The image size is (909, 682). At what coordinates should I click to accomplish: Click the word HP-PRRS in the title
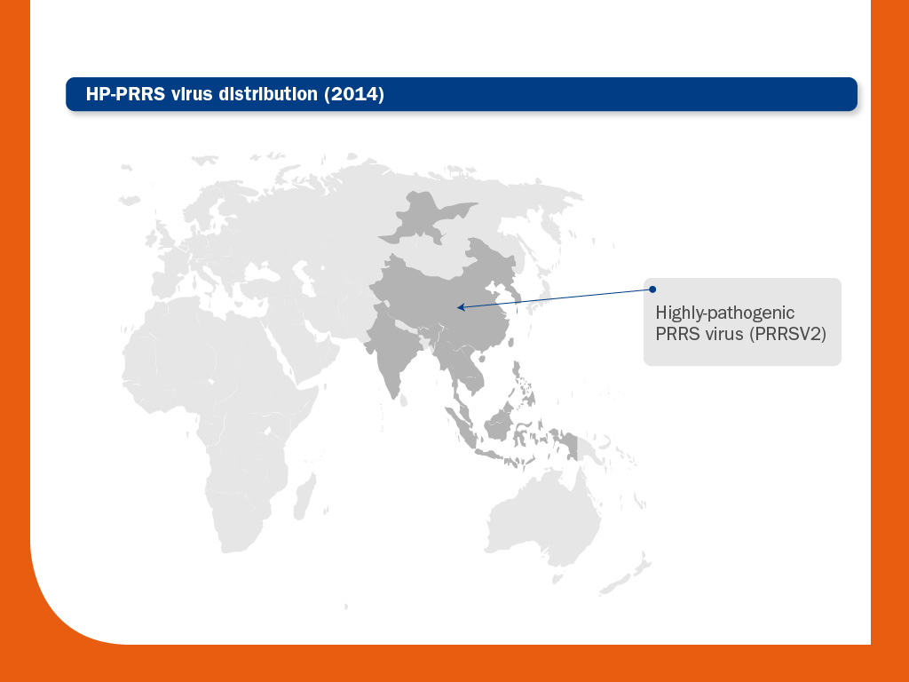(x=125, y=94)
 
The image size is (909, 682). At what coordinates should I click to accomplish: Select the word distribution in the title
(x=268, y=94)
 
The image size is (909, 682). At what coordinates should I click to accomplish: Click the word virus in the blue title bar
(x=192, y=94)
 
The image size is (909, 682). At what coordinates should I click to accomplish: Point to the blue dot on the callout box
(x=652, y=289)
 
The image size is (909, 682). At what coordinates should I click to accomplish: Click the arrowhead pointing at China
(x=461, y=307)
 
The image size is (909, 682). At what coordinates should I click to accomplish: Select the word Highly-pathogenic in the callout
(x=724, y=313)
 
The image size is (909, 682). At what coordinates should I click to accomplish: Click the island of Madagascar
(x=304, y=497)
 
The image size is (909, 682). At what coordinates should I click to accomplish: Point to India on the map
(x=393, y=347)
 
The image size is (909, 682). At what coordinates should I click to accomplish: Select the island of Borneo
(x=500, y=422)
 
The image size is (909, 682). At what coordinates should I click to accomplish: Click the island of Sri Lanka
(x=404, y=400)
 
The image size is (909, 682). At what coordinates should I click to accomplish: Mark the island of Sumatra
(x=461, y=427)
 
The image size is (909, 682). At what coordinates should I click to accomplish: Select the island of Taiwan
(x=510, y=342)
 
